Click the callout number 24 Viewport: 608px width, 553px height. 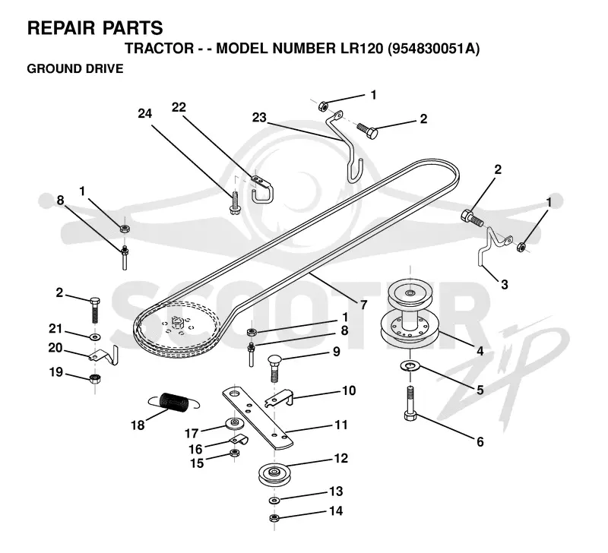pos(145,113)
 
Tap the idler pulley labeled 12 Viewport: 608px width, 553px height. pos(274,472)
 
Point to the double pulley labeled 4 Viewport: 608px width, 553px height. pos(410,314)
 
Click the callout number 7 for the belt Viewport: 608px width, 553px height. pos(363,305)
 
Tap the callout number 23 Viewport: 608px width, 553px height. pos(259,117)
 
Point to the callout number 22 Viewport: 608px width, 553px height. pos(179,107)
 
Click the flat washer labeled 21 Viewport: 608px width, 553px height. pos(94,336)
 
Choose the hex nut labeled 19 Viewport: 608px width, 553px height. pos(95,378)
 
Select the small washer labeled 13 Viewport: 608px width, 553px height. pos(274,501)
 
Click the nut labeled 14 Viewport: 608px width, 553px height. pos(274,518)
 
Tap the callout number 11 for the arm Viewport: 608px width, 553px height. pos(340,425)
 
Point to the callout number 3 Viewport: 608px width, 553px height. pos(504,285)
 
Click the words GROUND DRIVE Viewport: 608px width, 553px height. pos(75,68)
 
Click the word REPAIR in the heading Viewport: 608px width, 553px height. pos(61,28)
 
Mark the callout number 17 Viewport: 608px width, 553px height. pos(192,433)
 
